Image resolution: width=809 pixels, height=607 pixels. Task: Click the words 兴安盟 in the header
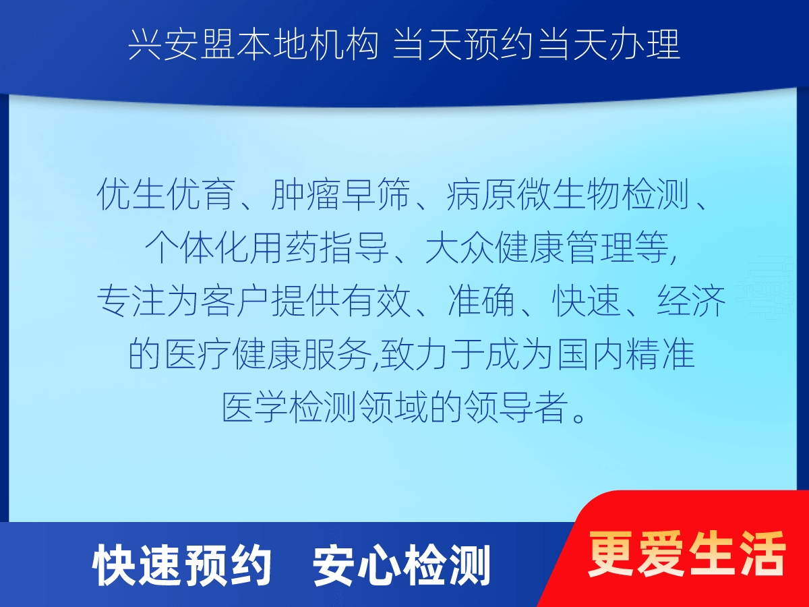point(181,45)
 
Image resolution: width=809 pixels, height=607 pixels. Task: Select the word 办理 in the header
point(645,45)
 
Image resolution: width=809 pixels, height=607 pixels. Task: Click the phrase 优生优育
point(166,194)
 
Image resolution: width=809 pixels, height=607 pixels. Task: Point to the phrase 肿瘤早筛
point(340,194)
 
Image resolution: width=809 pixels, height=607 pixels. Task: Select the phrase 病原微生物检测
point(568,194)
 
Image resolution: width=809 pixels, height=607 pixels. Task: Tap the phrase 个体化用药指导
point(266,248)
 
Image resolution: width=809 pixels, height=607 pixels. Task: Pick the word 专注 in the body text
point(131,301)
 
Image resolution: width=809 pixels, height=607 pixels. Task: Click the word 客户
point(235,301)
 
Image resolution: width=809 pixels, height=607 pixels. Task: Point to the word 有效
point(376,301)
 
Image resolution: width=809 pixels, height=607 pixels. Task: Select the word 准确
point(481,301)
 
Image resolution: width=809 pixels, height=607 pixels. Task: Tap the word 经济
point(691,301)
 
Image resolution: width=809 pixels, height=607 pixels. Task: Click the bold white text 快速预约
point(181,566)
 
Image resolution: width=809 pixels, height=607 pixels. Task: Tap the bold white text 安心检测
point(402,566)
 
